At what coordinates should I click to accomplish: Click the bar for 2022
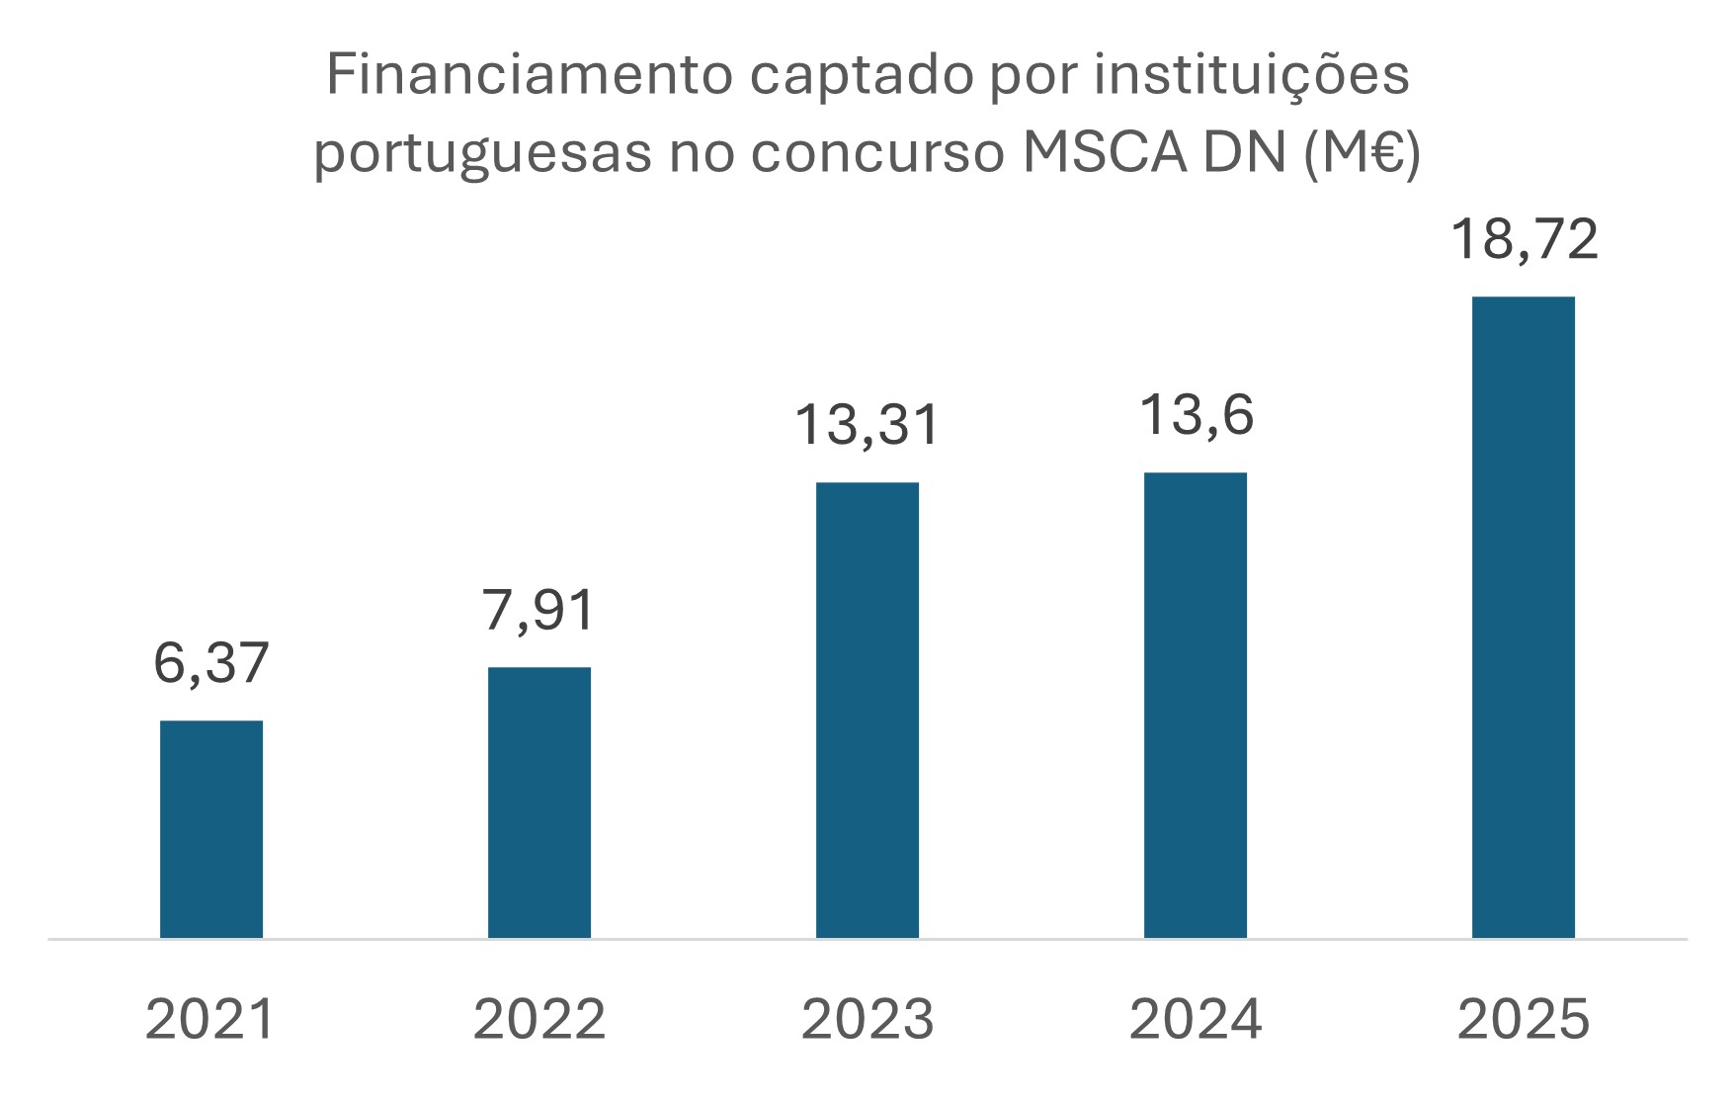click(x=539, y=802)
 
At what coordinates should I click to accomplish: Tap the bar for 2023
click(x=867, y=710)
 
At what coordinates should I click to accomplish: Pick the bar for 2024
click(x=1196, y=705)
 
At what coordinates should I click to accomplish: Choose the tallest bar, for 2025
click(x=1524, y=617)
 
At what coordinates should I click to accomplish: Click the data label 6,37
click(x=211, y=663)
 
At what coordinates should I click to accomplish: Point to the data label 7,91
click(x=539, y=610)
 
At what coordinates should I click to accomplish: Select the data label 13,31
click(x=867, y=425)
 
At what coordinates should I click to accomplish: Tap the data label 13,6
click(x=1196, y=415)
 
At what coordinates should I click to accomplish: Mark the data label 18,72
click(x=1524, y=240)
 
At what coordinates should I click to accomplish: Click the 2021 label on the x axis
click(x=210, y=1019)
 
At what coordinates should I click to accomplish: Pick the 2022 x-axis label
click(x=539, y=1019)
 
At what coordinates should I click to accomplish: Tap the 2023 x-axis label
click(x=867, y=1019)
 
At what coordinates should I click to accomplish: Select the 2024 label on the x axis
click(x=1196, y=1019)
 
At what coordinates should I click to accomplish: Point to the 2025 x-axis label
click(x=1524, y=1019)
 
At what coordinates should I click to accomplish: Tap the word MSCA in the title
click(x=1105, y=153)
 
